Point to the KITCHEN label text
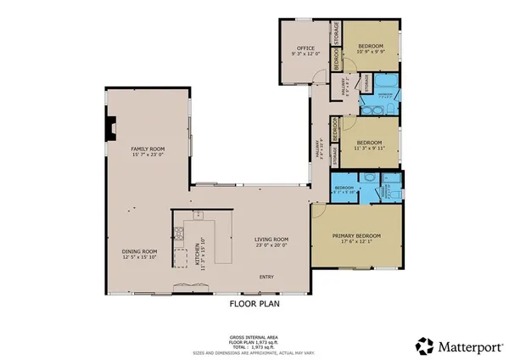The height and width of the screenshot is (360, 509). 197,251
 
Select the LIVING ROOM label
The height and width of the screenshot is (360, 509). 271,239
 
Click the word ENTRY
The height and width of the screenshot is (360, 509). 267,277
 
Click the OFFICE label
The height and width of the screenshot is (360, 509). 305,48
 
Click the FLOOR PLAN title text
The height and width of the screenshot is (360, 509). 255,302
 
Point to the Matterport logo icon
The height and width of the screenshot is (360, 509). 424,346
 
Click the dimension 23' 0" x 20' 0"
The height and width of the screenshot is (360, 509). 271,246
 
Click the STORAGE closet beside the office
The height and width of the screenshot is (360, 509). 336,36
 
